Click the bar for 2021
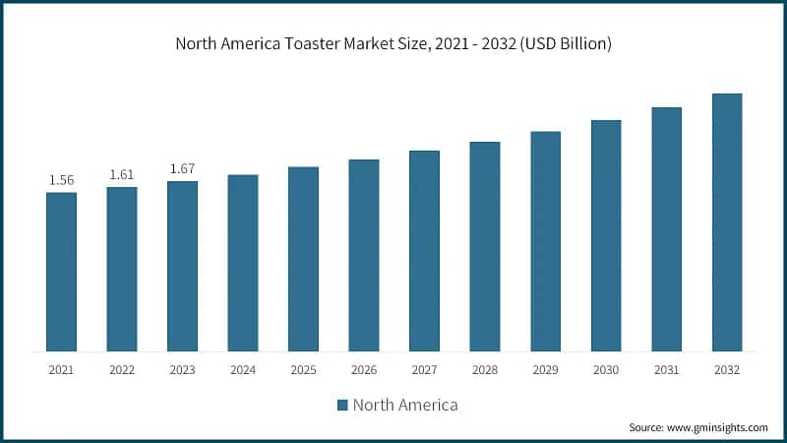(61, 272)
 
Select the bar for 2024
(243, 263)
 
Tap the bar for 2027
(424, 251)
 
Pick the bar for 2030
(606, 235)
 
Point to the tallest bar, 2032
(727, 222)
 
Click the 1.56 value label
(61, 180)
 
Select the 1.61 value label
(122, 174)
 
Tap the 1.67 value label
(182, 169)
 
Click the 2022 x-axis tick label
(122, 370)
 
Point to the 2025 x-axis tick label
(303, 370)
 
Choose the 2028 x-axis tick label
(485, 370)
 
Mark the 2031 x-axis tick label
(666, 370)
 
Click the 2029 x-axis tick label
(545, 370)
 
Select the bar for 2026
(364, 255)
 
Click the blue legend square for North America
(342, 405)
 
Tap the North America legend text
(405, 405)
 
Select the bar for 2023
(182, 266)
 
